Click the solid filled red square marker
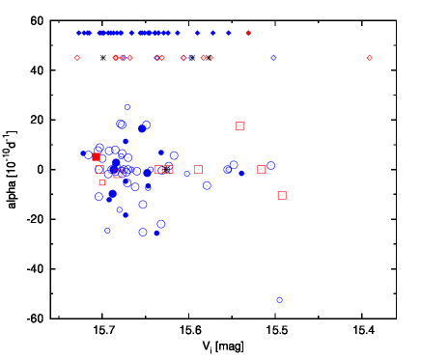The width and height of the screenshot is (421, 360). [x=96, y=156]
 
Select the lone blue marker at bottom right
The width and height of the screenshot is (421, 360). [x=280, y=300]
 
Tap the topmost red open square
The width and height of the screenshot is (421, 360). [x=239, y=125]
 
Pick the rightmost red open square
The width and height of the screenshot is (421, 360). [x=282, y=195]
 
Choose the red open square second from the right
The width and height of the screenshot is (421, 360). [x=261, y=169]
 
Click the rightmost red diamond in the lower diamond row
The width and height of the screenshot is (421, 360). [x=369, y=58]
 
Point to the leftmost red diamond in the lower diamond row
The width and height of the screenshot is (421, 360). [x=77, y=58]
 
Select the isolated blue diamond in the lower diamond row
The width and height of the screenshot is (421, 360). [x=273, y=58]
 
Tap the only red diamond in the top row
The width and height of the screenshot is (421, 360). [x=248, y=33]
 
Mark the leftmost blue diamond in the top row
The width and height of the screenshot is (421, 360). [x=79, y=33]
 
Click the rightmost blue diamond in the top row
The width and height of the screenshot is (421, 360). [x=229, y=33]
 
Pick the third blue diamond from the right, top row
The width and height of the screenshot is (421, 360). [x=197, y=33]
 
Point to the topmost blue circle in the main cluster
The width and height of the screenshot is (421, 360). [x=127, y=107]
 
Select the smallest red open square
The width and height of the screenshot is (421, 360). [x=101, y=182]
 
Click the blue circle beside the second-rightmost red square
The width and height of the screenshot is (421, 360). [x=270, y=165]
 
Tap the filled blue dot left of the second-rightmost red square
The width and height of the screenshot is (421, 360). [x=241, y=174]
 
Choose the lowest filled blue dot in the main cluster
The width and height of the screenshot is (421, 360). [x=156, y=233]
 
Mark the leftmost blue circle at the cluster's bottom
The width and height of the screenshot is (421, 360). [x=107, y=230]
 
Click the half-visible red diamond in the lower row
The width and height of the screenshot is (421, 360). [x=210, y=57]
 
